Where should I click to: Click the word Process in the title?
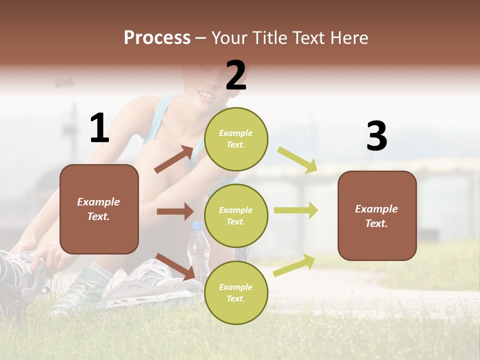click(157, 38)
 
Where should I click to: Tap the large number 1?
click(99, 128)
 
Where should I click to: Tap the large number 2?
click(236, 75)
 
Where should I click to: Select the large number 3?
click(376, 136)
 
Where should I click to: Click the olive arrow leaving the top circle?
click(297, 160)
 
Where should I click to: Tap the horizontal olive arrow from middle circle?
click(295, 210)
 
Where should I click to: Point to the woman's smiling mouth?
click(206, 94)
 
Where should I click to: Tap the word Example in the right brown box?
click(376, 209)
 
